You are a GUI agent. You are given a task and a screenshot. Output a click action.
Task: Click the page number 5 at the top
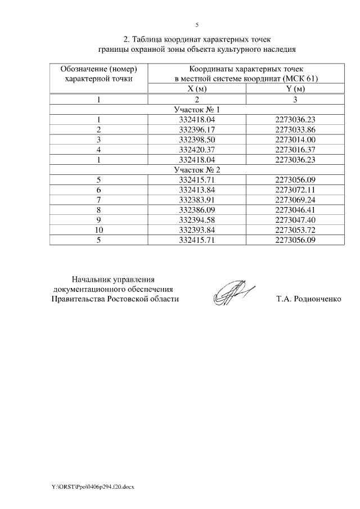(x=197, y=25)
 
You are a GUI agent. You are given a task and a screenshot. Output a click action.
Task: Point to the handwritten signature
(x=233, y=292)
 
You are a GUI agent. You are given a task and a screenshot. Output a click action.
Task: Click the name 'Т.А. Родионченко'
(x=309, y=299)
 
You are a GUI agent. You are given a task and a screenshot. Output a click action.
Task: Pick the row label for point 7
(x=98, y=200)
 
